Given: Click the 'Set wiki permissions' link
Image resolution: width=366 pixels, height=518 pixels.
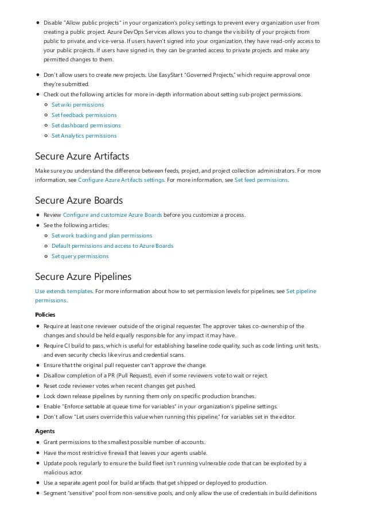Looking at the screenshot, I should click(77, 105).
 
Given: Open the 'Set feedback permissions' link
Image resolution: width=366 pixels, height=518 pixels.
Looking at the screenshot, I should click(84, 115).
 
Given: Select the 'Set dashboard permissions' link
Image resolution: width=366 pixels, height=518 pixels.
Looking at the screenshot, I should click(86, 126).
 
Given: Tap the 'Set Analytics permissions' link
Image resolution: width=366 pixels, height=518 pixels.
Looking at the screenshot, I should click(84, 136).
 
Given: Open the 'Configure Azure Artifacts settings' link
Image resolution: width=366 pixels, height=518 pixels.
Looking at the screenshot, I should click(121, 180).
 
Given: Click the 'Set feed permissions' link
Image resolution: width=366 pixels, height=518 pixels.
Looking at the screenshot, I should click(261, 180).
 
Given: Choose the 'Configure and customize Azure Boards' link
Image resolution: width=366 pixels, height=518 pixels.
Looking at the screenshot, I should click(112, 215).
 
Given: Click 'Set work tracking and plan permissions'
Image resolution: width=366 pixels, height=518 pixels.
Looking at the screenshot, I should click(102, 236).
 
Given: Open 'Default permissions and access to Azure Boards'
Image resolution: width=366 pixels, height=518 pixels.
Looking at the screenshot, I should click(112, 246).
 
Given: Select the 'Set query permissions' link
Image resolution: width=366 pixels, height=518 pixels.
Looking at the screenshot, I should click(80, 256).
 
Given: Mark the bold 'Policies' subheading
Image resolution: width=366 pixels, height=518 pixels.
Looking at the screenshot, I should click(45, 314).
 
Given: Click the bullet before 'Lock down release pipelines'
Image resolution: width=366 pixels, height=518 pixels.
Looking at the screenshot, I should click(38, 396).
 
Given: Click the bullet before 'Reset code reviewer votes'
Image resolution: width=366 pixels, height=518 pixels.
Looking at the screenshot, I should click(38, 385).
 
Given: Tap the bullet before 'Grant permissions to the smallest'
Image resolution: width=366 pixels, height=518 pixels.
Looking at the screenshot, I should click(38, 442).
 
